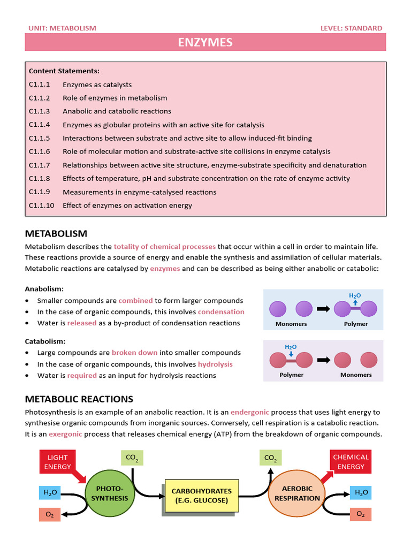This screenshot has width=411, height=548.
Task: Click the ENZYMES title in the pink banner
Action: (x=205, y=42)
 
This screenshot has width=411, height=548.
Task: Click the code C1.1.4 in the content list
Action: (x=39, y=125)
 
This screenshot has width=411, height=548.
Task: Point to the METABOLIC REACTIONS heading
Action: (x=79, y=399)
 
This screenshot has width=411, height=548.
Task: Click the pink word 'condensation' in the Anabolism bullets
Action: (x=221, y=312)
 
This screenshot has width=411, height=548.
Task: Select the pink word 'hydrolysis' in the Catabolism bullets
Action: (x=215, y=364)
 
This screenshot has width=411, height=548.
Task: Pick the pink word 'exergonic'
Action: (x=65, y=434)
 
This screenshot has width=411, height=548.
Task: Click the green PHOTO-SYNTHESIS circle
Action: (x=109, y=493)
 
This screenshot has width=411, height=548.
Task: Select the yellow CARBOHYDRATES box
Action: (x=201, y=496)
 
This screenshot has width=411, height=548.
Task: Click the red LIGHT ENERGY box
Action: (x=58, y=462)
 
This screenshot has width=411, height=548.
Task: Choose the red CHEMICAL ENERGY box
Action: (x=351, y=462)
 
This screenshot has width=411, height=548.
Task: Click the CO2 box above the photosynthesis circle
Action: (x=132, y=458)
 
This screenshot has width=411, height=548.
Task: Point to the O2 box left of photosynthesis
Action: (x=49, y=515)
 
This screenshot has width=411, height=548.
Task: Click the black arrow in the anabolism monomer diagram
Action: (x=323, y=309)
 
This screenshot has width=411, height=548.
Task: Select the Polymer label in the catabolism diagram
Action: (x=291, y=375)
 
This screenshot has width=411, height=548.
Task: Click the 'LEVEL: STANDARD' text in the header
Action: (x=351, y=28)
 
